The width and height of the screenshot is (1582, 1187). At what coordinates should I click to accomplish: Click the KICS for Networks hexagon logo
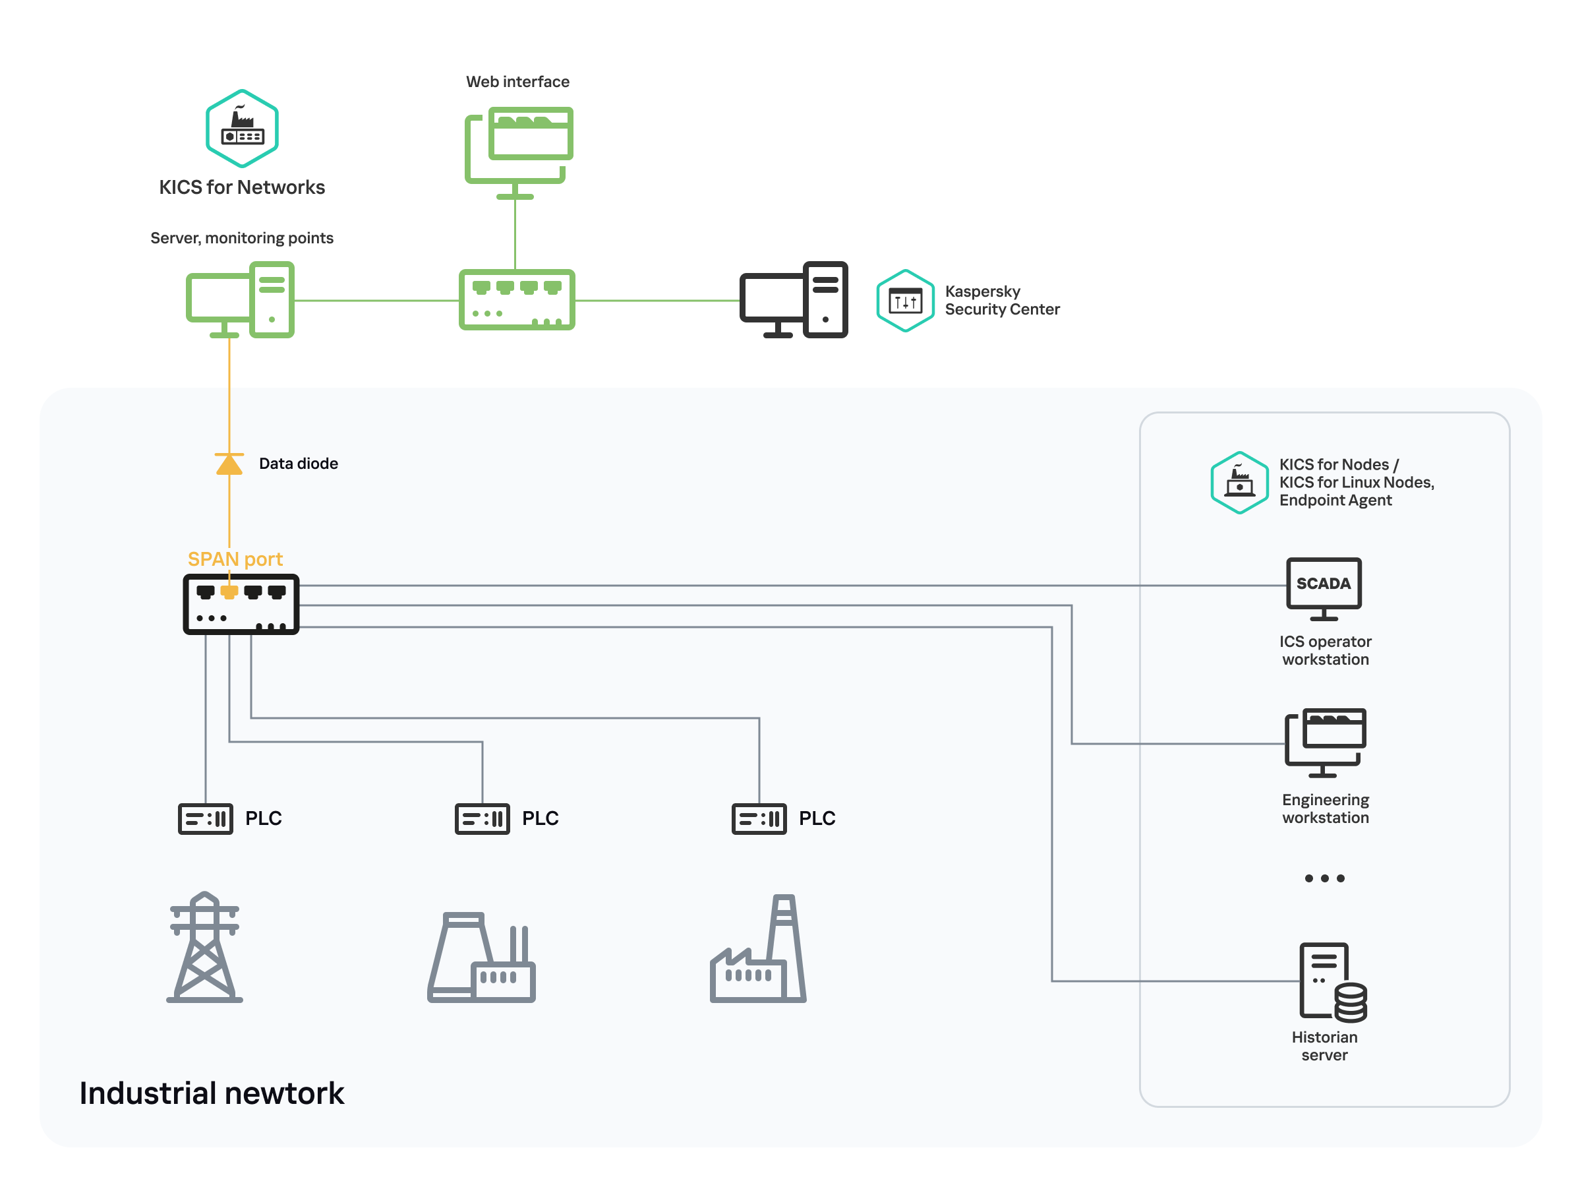pos(242,128)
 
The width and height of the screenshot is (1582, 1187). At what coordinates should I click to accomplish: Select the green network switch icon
pos(516,300)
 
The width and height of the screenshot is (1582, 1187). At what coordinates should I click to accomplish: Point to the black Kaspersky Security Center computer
pos(793,300)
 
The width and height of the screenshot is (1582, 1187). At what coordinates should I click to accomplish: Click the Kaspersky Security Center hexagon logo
pos(905,301)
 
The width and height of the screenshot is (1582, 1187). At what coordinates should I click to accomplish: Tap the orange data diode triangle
pos(229,464)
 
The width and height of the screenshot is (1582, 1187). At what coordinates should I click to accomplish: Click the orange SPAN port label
pos(235,559)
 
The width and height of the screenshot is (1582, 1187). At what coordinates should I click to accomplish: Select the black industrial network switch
pos(241,605)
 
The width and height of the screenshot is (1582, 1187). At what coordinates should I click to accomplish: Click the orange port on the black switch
pos(229,592)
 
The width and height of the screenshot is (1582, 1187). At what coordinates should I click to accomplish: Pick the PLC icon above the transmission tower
pos(205,818)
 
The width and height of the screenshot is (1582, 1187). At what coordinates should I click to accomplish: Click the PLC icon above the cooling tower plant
pos(482,818)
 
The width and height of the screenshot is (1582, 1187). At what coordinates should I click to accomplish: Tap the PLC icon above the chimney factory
pos(759,818)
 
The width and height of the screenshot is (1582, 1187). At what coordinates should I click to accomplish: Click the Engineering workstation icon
pos(1324,742)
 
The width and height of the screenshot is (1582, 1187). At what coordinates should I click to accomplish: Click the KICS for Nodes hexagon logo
pos(1239,482)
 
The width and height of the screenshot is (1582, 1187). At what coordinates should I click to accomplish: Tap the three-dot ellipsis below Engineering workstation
pos(1324,878)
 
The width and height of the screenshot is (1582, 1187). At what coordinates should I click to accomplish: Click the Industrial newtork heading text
pos(212,1093)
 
